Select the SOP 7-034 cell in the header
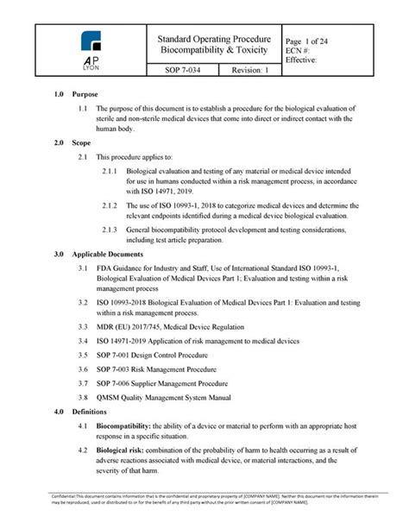[x=176, y=70]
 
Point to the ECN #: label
[x=299, y=51]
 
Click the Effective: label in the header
[x=301, y=60]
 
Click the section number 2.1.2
[x=110, y=205]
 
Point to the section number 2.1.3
[x=110, y=230]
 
